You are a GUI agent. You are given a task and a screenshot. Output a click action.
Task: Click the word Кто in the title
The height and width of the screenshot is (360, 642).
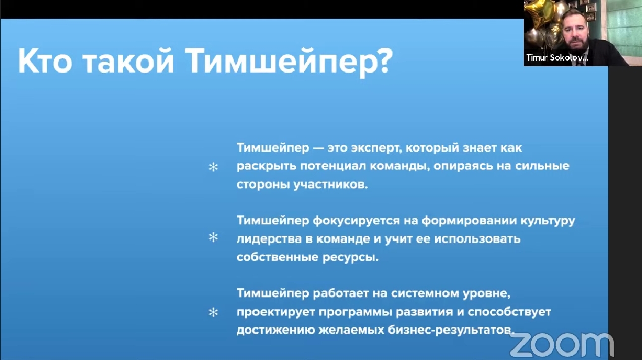click(x=45, y=61)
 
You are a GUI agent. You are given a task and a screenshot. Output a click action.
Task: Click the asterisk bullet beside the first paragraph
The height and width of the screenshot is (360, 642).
click(x=213, y=167)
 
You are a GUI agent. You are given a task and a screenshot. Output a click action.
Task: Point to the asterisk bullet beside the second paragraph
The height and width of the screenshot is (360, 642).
click(x=213, y=237)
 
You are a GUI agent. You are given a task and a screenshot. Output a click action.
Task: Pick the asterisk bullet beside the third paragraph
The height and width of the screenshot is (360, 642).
click(x=213, y=312)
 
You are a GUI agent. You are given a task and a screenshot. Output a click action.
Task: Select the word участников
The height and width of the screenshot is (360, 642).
click(x=331, y=185)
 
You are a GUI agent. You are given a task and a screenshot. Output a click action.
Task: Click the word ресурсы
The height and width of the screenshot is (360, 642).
click(x=351, y=258)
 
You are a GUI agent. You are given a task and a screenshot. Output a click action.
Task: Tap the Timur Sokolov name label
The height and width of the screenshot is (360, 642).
click(x=557, y=58)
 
